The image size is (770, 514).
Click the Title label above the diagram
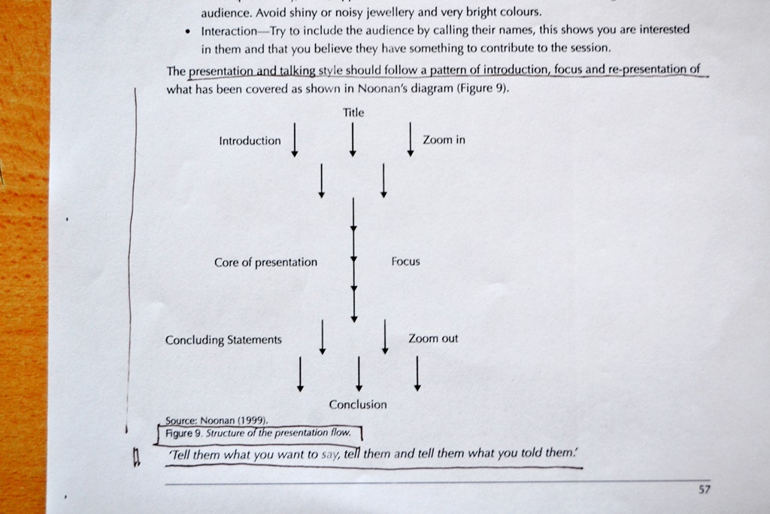pos(353,113)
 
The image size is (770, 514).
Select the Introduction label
pos(250,141)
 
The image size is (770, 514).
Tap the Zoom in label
pos(444,140)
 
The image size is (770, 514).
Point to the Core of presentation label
pos(265,263)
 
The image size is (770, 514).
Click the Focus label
pos(405,261)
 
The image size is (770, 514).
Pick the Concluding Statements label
pos(223,340)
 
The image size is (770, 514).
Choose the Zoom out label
pos(433,339)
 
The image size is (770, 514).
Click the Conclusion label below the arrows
pos(358,404)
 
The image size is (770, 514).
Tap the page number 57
pos(704,489)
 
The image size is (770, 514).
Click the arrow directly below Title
pos(352,139)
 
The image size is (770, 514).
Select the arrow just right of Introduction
pos(294,140)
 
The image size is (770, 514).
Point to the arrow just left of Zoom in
pos(410,139)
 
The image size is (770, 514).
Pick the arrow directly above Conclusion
pos(359,374)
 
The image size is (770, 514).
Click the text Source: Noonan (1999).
pos(217,421)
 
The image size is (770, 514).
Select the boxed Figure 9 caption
pos(259,433)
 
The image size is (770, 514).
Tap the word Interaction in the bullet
pos(229,32)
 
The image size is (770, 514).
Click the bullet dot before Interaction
pos(188,32)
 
